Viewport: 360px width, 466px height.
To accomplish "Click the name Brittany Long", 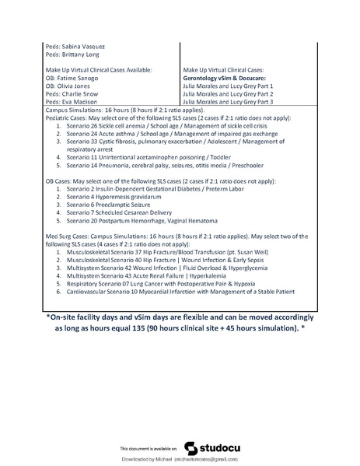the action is click(x=90, y=54).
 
